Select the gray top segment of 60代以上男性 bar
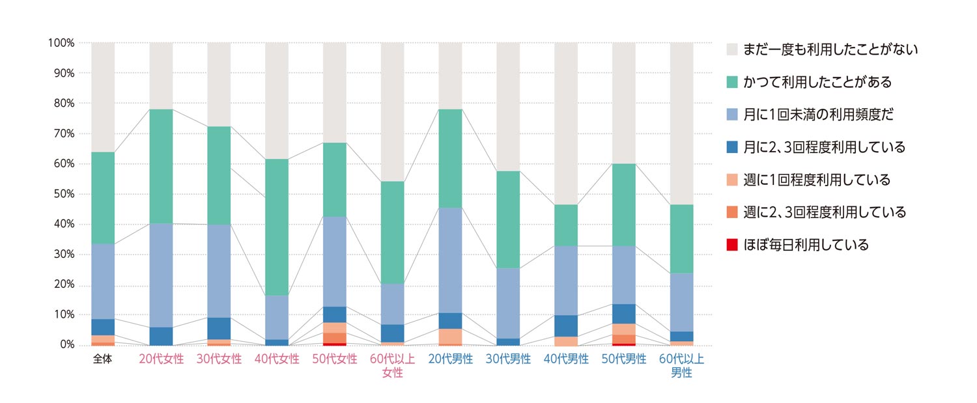681,123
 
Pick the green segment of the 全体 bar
103,198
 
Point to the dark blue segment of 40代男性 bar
565,326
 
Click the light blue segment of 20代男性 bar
450,260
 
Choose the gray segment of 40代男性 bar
565,123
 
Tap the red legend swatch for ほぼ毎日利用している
732,245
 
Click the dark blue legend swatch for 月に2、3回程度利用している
732,147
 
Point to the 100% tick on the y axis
61,43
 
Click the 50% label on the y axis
63,194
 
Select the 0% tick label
66,345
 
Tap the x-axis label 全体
103,359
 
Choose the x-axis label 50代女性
334,359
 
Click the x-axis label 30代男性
508,359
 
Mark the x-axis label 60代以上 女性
392,366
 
